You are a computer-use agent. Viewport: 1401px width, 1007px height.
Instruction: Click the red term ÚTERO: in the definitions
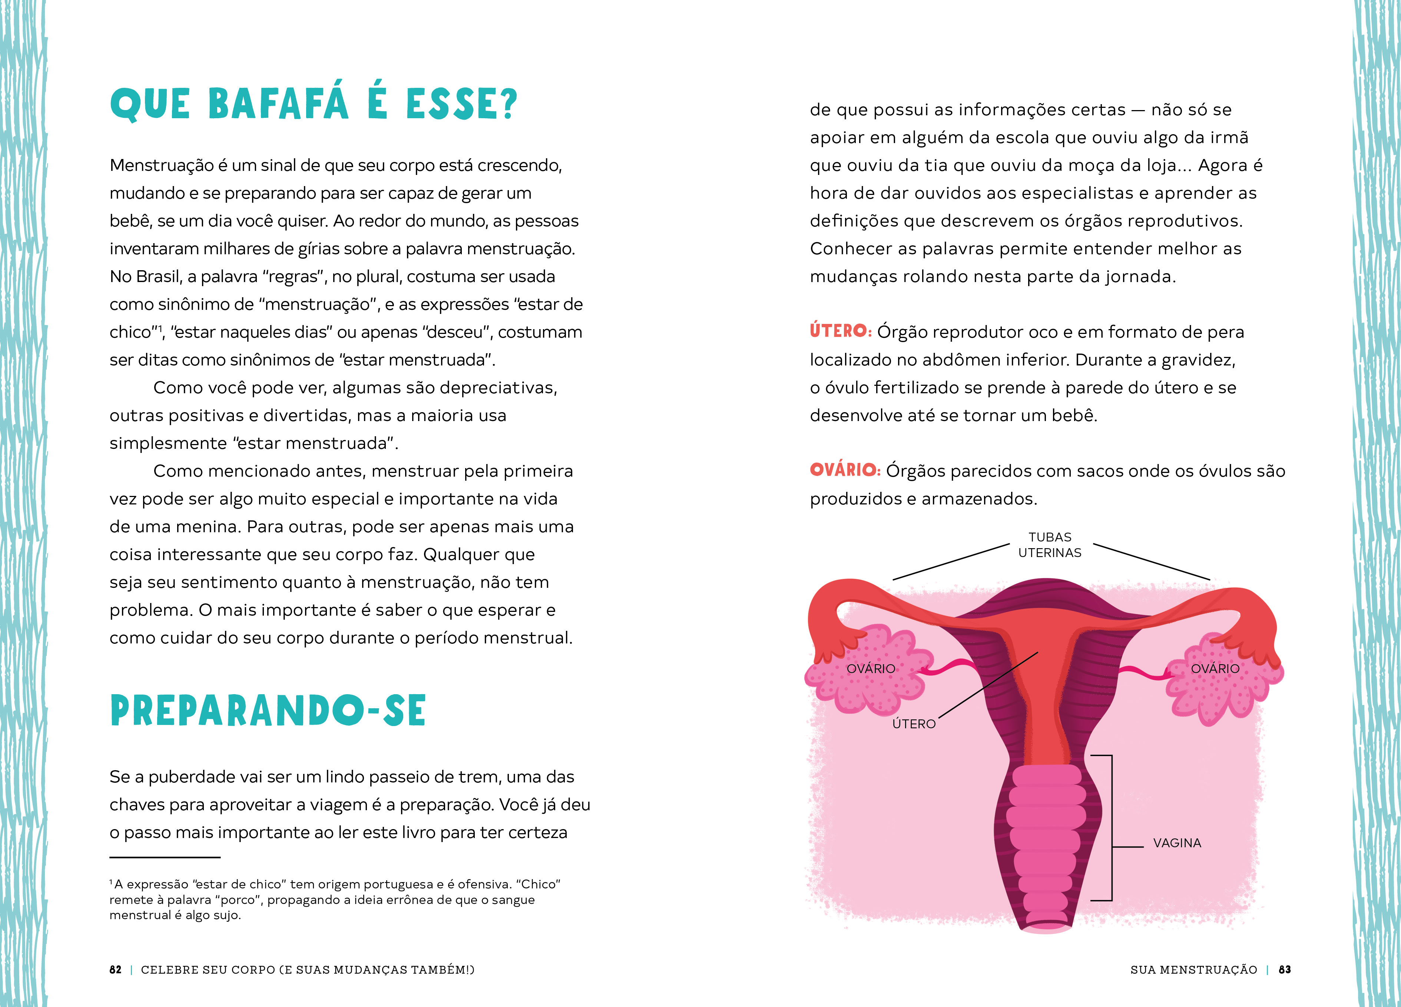click(x=840, y=331)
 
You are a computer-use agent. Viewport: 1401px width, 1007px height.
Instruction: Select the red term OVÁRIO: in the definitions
click(x=844, y=470)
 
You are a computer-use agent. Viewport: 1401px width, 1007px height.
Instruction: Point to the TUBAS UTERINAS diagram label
click(x=1050, y=545)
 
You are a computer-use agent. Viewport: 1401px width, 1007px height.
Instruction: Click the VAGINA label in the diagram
click(x=1177, y=843)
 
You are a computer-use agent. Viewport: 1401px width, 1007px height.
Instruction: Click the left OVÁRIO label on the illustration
click(x=870, y=669)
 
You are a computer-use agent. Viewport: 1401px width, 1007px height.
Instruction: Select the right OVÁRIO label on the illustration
click(x=1215, y=669)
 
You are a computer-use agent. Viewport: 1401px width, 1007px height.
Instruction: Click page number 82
click(x=116, y=969)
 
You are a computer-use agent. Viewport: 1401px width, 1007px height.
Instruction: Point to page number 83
click(x=1284, y=969)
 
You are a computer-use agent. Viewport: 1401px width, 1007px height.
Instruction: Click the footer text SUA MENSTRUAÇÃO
click(x=1193, y=969)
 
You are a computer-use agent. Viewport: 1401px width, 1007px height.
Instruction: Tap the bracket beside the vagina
click(x=1111, y=828)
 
